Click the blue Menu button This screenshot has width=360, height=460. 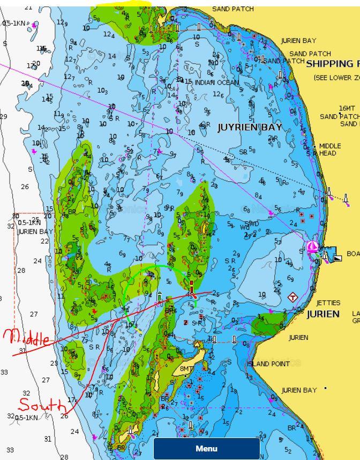[x=206, y=449]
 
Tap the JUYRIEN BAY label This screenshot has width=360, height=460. [x=249, y=128]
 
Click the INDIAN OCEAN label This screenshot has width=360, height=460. [x=216, y=83]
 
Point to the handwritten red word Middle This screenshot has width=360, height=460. [x=27, y=338]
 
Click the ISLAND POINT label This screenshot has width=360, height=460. [x=268, y=363]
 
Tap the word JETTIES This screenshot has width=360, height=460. [x=328, y=303]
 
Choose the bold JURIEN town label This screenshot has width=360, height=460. [x=323, y=314]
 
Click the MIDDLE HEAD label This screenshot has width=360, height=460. [x=329, y=150]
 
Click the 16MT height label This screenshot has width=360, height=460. [x=347, y=108]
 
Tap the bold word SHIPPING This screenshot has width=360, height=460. [x=329, y=64]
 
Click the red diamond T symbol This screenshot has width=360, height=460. [x=292, y=297]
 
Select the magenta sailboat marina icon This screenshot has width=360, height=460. [x=312, y=247]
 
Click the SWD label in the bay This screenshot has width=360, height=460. [x=252, y=224]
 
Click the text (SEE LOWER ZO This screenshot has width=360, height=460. [x=336, y=78]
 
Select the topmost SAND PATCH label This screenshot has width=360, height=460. [x=233, y=9]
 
